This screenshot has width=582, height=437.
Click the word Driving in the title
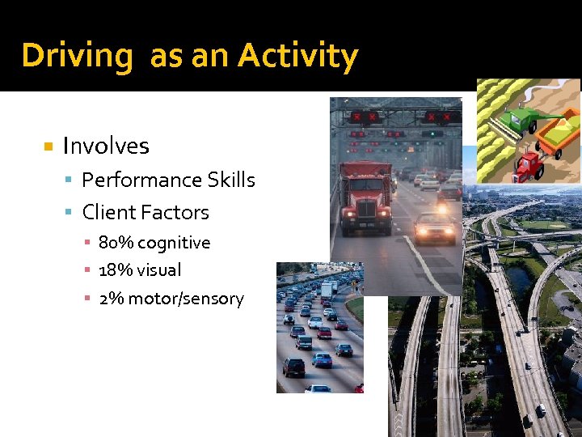pyautogui.click(x=77, y=57)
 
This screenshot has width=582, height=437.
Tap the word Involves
pyautogui.click(x=106, y=146)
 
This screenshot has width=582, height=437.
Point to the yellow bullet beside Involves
pyautogui.click(x=48, y=146)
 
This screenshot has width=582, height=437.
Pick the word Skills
pyautogui.click(x=230, y=180)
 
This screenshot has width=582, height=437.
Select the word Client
pyautogui.click(x=109, y=213)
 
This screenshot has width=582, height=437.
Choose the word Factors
pyautogui.click(x=175, y=213)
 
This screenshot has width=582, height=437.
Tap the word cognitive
pyautogui.click(x=172, y=243)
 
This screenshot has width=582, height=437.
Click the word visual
pyautogui.click(x=158, y=270)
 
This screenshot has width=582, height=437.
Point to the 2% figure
pyautogui.click(x=111, y=299)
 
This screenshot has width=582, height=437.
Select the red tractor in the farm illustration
pyautogui.click(x=529, y=165)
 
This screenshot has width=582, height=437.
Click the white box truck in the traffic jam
pyautogui.click(x=326, y=289)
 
